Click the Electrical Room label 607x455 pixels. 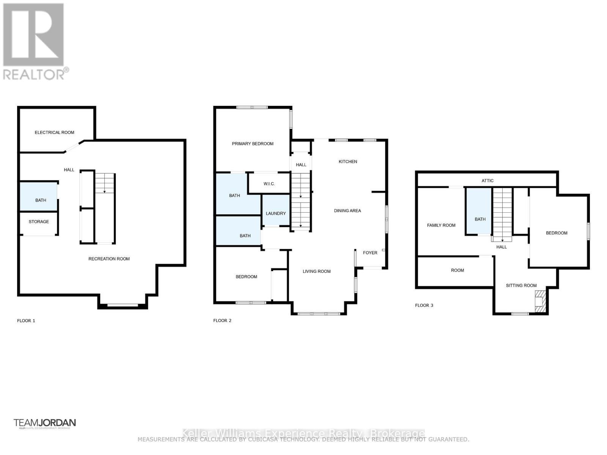[x=55, y=132]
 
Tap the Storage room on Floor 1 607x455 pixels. [x=39, y=222]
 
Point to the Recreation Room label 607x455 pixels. [x=109, y=259]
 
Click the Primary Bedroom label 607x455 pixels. [x=253, y=144]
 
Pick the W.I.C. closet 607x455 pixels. [x=269, y=184]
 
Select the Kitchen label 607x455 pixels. [x=348, y=162]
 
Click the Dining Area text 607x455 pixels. [x=348, y=211]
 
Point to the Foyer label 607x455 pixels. [x=370, y=253]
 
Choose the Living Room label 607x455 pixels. [x=316, y=271]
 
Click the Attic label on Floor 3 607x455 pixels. [x=487, y=181]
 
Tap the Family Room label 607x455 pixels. [x=441, y=225]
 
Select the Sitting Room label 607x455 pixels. [x=521, y=286]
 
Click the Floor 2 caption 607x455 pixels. [x=222, y=320]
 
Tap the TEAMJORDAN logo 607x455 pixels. [x=45, y=423]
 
